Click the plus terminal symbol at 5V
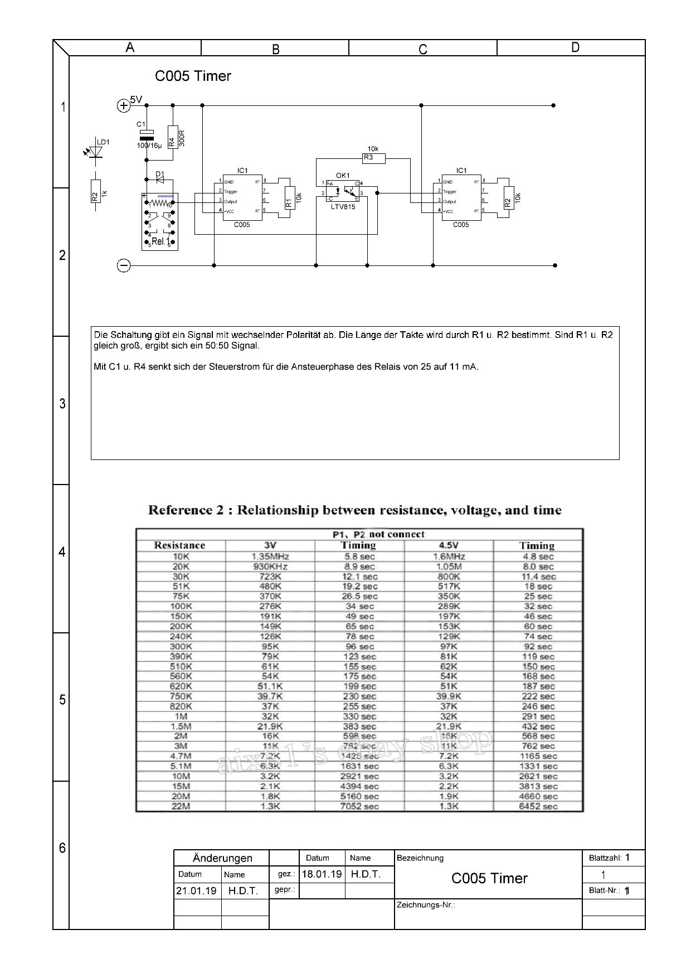[x=123, y=105]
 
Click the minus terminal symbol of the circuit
[x=123, y=266]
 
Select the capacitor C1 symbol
[x=147, y=134]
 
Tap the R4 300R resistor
[x=172, y=136]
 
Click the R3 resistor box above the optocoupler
[x=373, y=158]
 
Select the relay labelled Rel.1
[x=160, y=221]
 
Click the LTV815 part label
[x=343, y=207]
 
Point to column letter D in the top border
[x=575, y=48]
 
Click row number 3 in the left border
[x=62, y=404]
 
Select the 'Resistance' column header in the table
[x=179, y=545]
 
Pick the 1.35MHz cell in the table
[x=270, y=556]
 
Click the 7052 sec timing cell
[x=359, y=806]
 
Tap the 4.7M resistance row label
[x=181, y=756]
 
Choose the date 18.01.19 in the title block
[x=322, y=874]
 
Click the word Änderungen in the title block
[x=222, y=858]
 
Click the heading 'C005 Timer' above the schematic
[x=193, y=76]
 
